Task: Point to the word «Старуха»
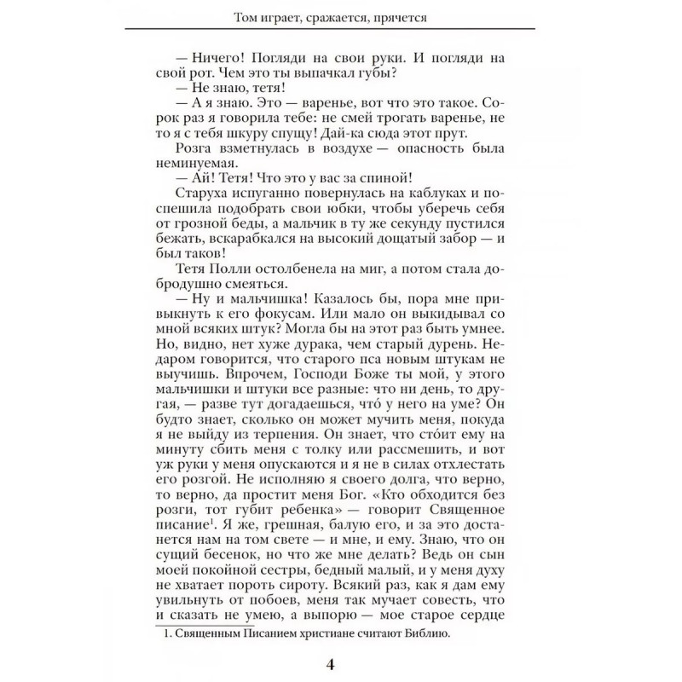tap(188, 195)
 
